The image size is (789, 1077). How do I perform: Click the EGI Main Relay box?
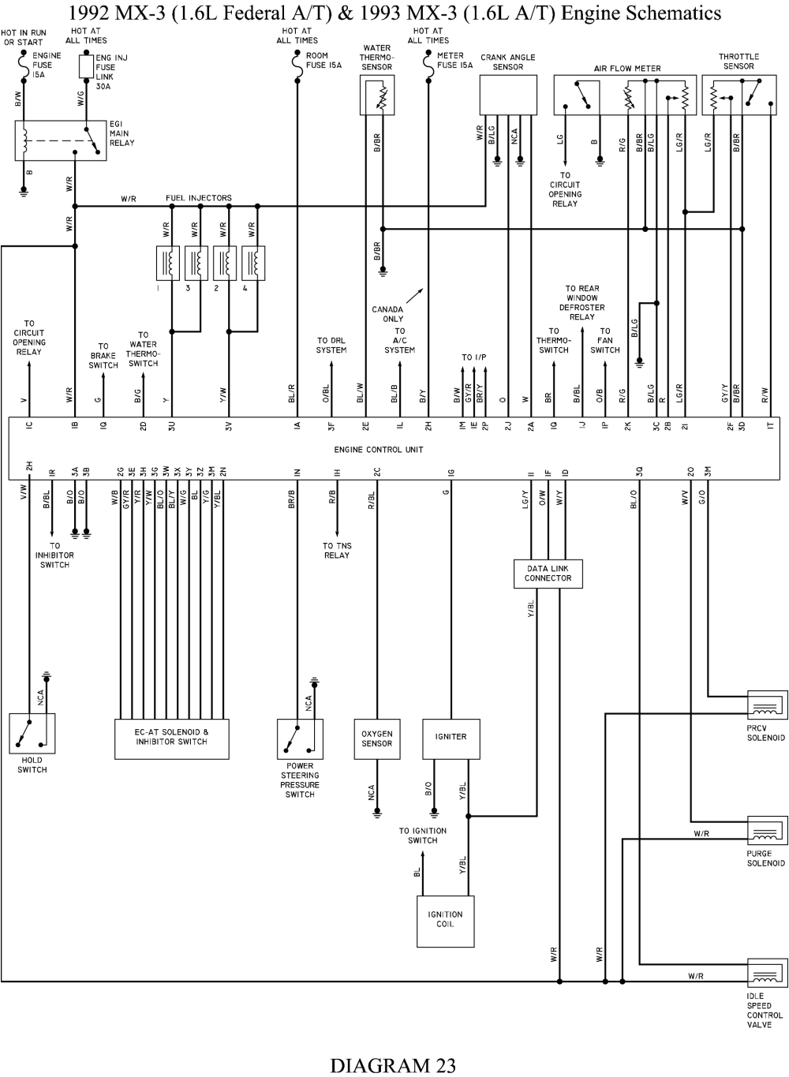point(61,141)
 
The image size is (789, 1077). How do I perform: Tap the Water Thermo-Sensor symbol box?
point(377,95)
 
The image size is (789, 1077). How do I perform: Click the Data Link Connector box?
point(548,574)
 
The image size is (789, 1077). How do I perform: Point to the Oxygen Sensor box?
point(376,739)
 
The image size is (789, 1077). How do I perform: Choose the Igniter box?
point(451,739)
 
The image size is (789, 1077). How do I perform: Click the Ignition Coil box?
point(445,920)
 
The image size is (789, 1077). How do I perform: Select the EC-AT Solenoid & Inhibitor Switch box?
point(171,739)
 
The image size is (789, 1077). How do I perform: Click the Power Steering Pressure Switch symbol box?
point(300,739)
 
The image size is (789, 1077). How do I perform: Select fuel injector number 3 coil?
point(196,263)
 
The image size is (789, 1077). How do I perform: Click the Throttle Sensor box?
point(739,95)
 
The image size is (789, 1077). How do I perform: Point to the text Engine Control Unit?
point(379,450)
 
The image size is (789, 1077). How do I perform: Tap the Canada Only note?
point(387,314)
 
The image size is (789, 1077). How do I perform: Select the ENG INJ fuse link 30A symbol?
point(85,67)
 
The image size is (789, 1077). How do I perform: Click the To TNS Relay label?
point(337,551)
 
